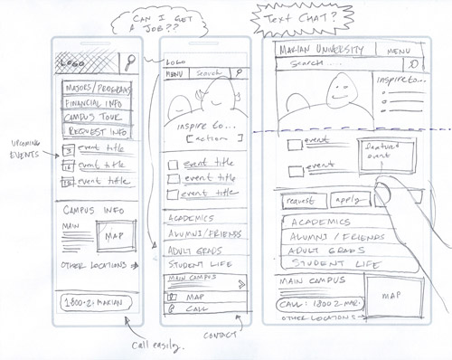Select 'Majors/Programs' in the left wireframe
(x=97, y=90)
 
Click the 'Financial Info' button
(x=95, y=105)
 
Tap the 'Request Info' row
(x=94, y=133)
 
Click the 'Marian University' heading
(x=320, y=49)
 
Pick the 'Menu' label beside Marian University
(x=399, y=50)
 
